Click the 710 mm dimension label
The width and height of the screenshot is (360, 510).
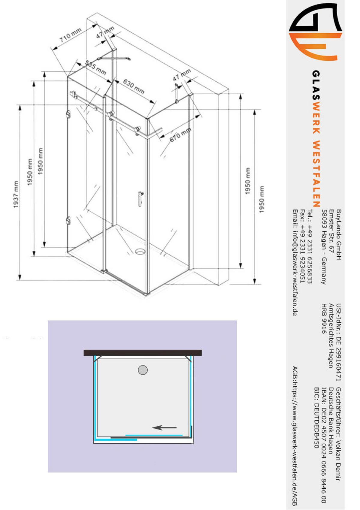[x=70, y=35]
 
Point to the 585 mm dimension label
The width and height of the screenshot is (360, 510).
[x=96, y=68]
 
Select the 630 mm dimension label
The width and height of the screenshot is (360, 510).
[x=134, y=86]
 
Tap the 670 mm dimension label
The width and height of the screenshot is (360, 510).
[x=180, y=135]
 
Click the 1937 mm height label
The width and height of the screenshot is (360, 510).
[x=16, y=195]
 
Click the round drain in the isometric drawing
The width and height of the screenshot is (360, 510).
[x=140, y=251]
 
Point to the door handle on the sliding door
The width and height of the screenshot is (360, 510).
[x=140, y=199]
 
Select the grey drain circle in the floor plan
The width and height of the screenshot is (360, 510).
[x=143, y=370]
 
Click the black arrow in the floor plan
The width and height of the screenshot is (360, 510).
[x=164, y=427]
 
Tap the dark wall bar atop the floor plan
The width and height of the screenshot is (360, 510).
[x=142, y=353]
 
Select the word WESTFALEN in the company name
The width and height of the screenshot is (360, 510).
[x=316, y=174]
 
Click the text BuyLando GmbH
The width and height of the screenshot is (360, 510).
[x=338, y=235]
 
